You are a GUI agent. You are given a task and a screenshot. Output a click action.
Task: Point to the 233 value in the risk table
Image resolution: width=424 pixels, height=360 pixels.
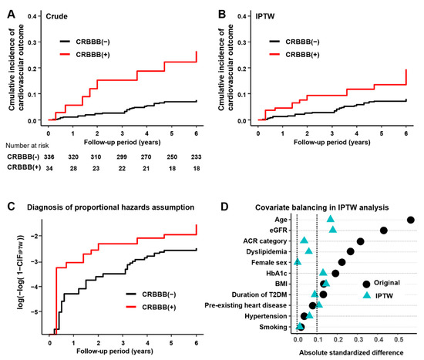197,156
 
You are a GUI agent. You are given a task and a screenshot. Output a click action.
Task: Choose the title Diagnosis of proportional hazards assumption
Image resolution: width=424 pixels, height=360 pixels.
119,206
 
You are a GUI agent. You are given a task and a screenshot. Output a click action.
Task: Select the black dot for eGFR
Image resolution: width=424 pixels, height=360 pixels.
383,230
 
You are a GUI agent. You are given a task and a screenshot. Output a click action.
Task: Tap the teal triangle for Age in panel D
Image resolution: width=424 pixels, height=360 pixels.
331,219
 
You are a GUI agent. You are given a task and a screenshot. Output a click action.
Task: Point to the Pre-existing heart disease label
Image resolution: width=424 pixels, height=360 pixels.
252,305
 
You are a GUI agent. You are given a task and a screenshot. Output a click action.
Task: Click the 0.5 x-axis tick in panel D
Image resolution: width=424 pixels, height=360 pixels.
399,339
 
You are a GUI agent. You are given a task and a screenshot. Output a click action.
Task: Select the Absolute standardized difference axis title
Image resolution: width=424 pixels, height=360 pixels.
352,352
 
